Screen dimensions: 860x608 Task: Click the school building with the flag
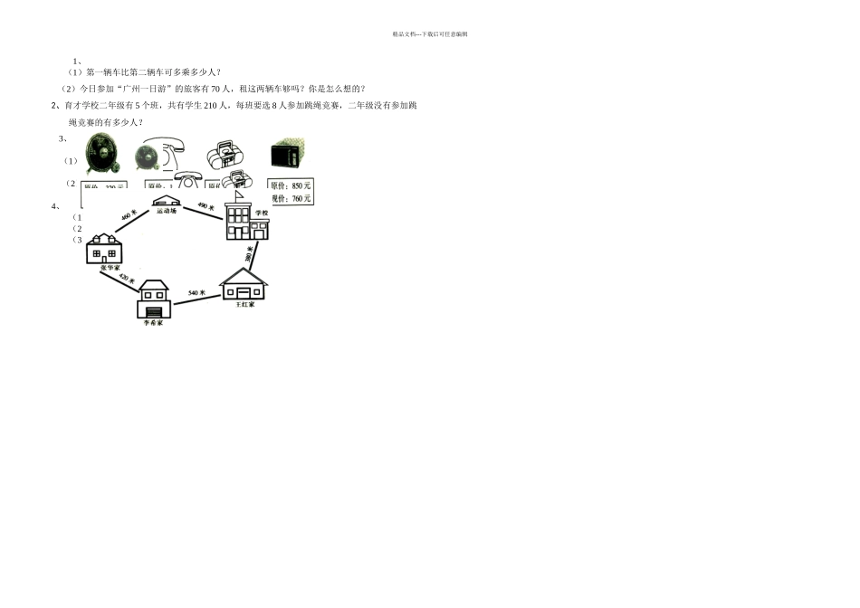tap(246, 223)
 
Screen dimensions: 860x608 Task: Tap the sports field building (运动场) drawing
tap(166, 202)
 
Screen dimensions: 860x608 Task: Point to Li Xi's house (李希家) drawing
tap(154, 299)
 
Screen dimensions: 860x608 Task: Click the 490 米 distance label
tap(205, 206)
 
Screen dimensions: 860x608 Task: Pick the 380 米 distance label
tap(249, 256)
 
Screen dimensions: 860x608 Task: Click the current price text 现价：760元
tap(291, 198)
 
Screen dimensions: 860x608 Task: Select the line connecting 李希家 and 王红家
tap(196, 299)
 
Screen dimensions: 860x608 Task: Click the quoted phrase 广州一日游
tap(145, 89)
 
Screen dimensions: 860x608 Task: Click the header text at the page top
tap(430, 34)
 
